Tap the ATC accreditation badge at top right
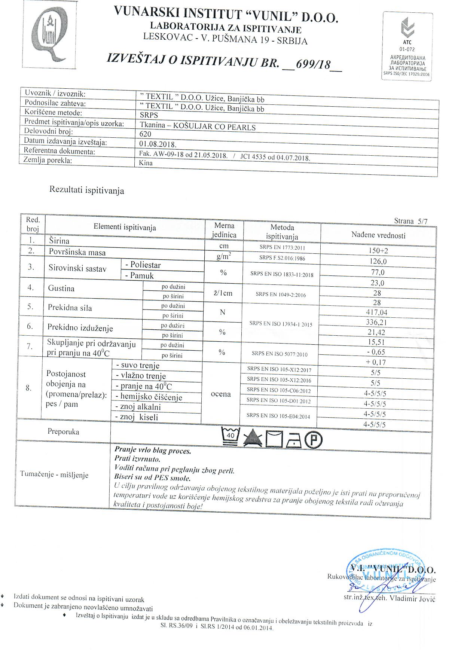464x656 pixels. (407, 47)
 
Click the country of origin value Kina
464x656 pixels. (146, 163)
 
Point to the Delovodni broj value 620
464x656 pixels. (145, 134)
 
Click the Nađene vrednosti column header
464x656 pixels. (378, 235)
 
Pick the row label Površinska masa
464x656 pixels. (77, 252)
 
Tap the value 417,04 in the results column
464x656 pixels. (377, 312)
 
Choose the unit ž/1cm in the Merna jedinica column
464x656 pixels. (223, 293)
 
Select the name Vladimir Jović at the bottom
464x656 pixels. (412, 598)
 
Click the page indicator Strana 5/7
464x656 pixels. (410, 221)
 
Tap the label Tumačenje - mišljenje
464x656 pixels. (54, 475)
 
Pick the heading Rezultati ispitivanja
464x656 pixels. (86, 190)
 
